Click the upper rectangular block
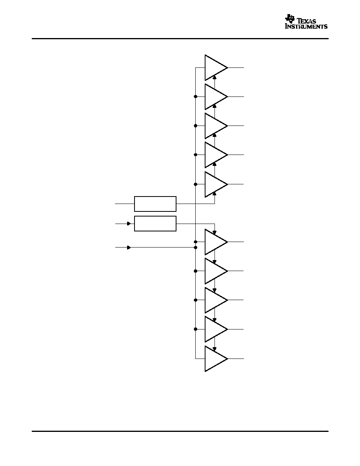pyautogui.click(x=155, y=204)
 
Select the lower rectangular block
pyautogui.click(x=155, y=224)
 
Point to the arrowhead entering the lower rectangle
pyautogui.click(x=129, y=224)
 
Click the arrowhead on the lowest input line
pyautogui.click(x=129, y=247)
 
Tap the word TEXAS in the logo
pyautogui.click(x=307, y=21)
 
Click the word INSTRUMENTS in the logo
pyautogui.click(x=306, y=26)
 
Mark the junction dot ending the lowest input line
pyautogui.click(x=195, y=247)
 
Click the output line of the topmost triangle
pyautogui.click(x=236, y=68)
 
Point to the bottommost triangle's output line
pyautogui.click(x=236, y=359)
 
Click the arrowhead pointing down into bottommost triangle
pyautogui.click(x=215, y=349)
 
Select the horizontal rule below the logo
pyautogui.click(x=180, y=38)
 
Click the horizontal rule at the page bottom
pyautogui.click(x=180, y=431)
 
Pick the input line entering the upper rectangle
pyautogui.click(x=125, y=204)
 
